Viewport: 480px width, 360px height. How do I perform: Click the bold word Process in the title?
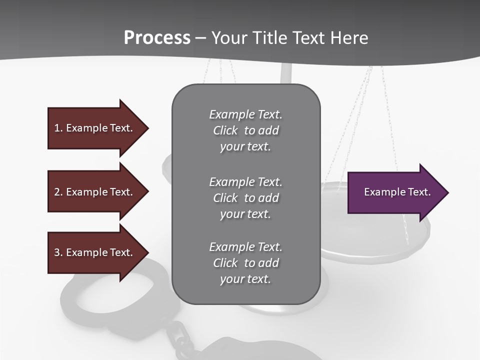[157, 38]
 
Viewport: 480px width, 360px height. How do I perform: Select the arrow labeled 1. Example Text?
[95, 128]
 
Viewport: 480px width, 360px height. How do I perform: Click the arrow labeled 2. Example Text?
[95, 192]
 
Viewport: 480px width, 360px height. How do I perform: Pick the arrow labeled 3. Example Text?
[95, 252]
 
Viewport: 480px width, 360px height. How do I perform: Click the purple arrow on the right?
[395, 192]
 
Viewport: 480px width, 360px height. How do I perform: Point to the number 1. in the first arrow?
[58, 128]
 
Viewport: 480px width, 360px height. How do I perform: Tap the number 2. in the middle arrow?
[58, 192]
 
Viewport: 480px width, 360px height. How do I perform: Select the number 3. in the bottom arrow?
[58, 252]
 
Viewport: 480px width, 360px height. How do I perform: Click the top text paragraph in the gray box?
[245, 130]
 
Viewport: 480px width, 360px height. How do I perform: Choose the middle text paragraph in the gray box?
[245, 198]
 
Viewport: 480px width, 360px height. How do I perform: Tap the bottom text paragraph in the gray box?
[245, 263]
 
